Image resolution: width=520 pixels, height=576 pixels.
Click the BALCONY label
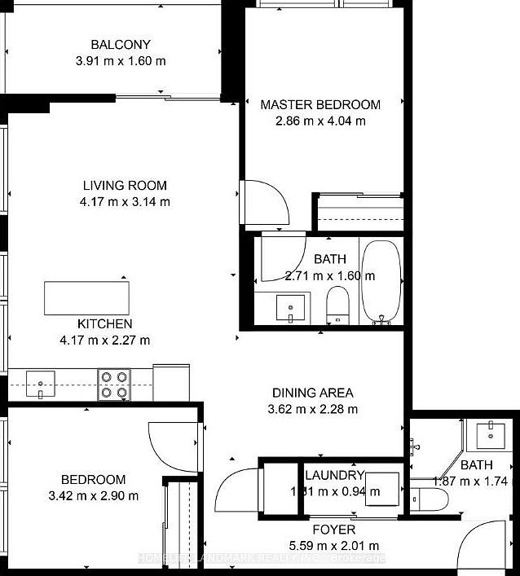[x=121, y=45]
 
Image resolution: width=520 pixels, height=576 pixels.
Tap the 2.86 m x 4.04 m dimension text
[x=320, y=121]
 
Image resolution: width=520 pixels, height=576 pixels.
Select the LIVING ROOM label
[x=125, y=185]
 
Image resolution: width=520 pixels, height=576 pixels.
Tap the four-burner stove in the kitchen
[x=115, y=385]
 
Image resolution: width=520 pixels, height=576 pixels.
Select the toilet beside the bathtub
[x=337, y=306]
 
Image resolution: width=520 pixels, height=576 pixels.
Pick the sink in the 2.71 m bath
[x=289, y=308]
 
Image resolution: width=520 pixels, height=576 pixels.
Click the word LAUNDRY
[x=334, y=476]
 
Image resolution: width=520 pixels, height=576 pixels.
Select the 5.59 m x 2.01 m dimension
[x=335, y=546]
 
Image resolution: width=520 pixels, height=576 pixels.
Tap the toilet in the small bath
[x=426, y=497]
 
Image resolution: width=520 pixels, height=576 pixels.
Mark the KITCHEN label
[x=104, y=324]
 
